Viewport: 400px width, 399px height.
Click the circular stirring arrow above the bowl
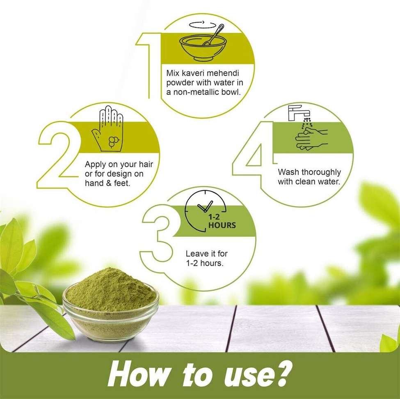[203, 25]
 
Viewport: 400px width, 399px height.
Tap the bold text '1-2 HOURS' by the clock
[222, 221]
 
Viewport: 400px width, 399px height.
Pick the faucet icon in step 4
[299, 113]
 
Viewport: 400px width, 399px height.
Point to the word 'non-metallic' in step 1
[195, 92]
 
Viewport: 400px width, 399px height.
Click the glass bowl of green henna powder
[111, 304]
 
